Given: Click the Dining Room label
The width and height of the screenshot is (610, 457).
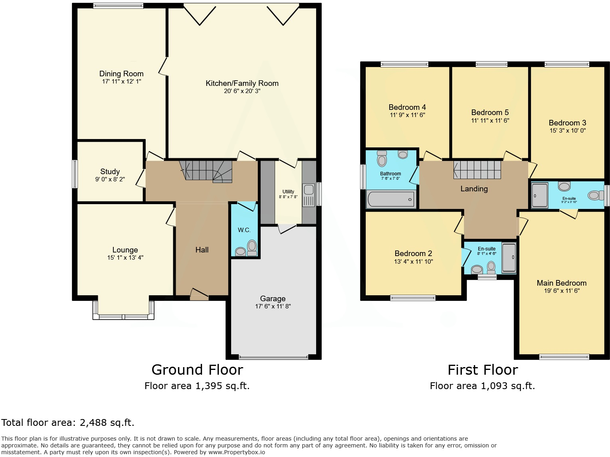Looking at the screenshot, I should pos(121,74).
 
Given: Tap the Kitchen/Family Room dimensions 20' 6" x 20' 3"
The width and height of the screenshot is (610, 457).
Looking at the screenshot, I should pos(242,91).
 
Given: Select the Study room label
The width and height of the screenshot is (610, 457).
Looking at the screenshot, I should pos(110,172).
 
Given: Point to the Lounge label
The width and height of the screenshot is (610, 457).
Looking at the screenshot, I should pos(125,250).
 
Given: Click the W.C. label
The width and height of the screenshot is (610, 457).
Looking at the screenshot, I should pos(244,230).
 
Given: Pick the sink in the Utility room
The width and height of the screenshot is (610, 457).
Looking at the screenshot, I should pos(309,189).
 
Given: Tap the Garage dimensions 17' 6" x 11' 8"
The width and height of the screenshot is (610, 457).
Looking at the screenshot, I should pos(273,306).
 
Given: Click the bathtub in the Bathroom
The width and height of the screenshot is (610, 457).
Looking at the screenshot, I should pos(391,199).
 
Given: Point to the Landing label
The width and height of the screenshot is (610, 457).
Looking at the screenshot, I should pos(474,189).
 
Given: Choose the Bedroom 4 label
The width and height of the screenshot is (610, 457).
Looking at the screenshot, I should pos(407,107).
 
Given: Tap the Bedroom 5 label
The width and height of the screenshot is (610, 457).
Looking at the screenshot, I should pos(490,113).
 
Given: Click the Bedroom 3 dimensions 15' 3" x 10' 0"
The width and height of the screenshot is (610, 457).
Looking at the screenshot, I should pos(567,131).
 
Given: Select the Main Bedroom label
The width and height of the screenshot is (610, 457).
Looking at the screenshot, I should pos(561,283).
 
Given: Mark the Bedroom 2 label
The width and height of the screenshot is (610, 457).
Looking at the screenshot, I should pos(413,254).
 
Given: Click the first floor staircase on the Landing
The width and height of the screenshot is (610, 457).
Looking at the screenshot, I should pos(477,169).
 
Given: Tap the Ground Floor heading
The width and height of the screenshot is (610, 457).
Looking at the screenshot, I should pos(197,370).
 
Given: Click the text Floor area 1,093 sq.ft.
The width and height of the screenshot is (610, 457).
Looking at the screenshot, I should pos(482,386).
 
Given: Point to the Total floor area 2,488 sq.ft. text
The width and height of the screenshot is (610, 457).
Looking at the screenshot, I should pos(68,423).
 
